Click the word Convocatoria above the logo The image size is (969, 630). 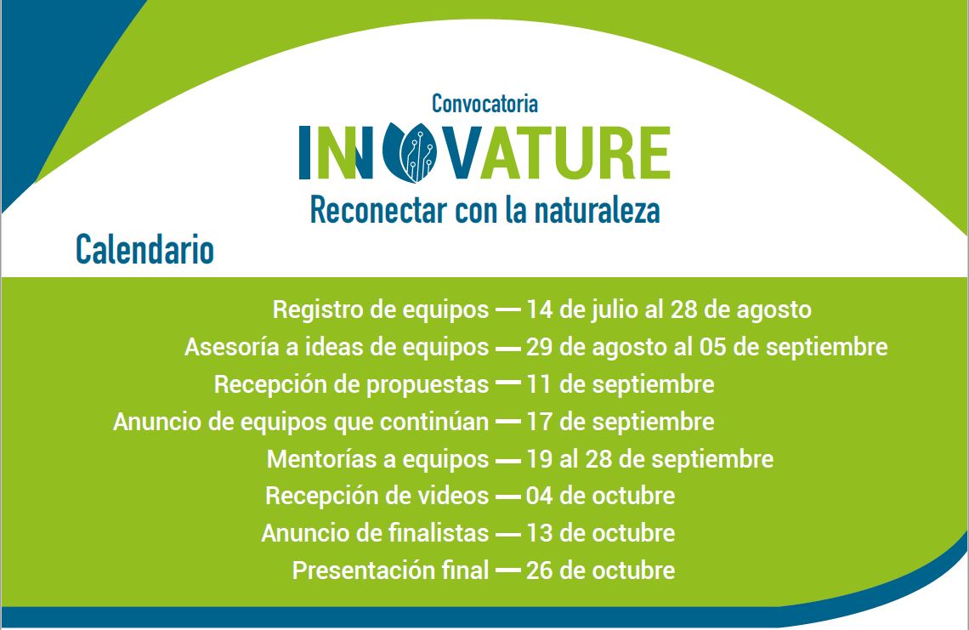[484, 104]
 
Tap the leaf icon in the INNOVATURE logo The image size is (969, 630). [409, 152]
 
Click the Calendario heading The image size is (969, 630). [144, 250]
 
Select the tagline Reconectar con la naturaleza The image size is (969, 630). [484, 210]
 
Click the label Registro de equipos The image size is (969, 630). [381, 310]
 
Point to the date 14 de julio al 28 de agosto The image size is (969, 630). [669, 310]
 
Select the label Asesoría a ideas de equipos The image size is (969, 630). [337, 348]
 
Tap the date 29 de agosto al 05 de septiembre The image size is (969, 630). [707, 348]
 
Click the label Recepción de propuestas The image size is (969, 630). [352, 385]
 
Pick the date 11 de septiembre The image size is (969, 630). [620, 385]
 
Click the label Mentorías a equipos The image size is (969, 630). [377, 459]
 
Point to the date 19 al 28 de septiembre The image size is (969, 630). [650, 459]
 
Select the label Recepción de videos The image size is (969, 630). [377, 496]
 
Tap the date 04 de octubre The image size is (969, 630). [601, 496]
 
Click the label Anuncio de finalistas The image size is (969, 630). [375, 533]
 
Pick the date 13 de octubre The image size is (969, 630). [601, 533]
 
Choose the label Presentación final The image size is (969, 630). [390, 570]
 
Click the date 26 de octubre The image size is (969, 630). [601, 570]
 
